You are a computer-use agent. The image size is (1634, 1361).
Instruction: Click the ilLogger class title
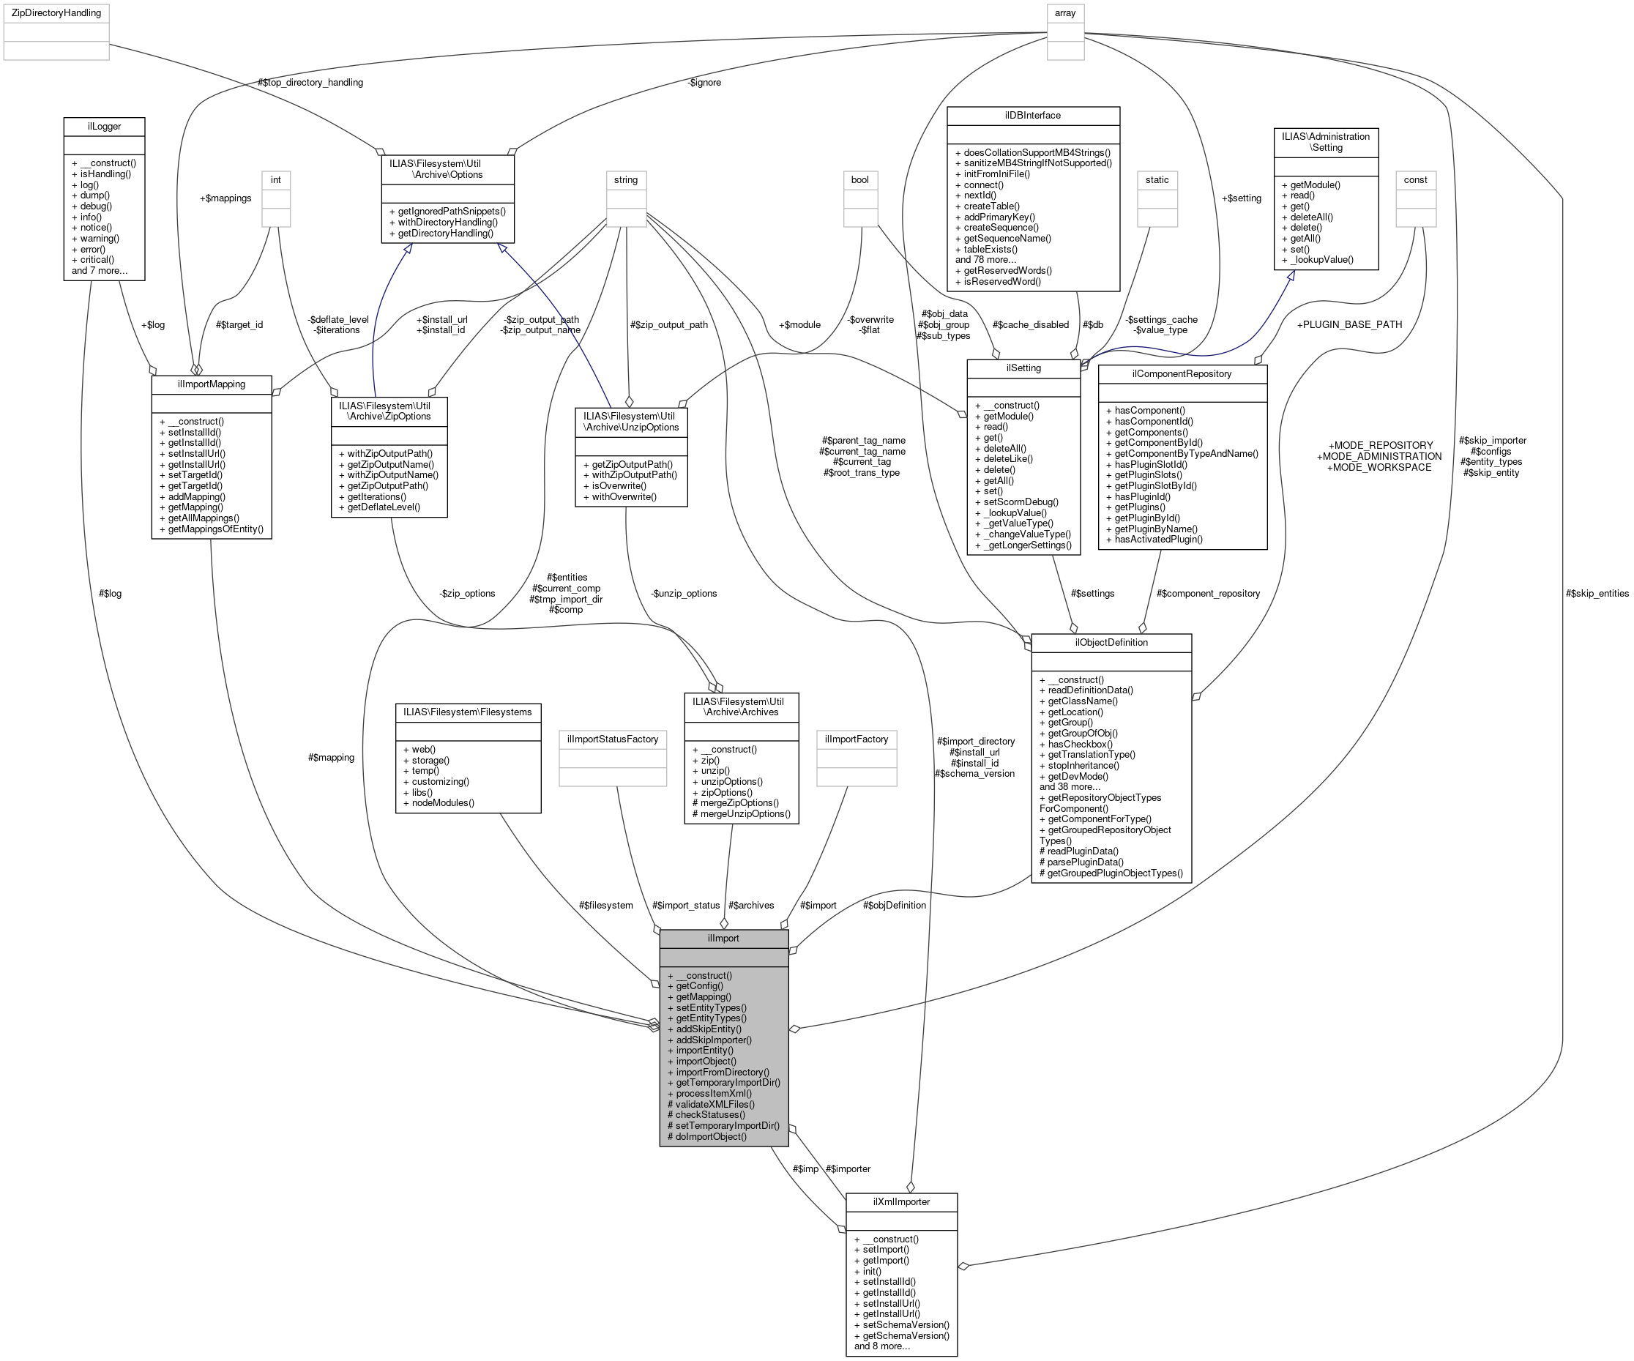(x=103, y=125)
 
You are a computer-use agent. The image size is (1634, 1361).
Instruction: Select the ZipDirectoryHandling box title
(x=56, y=13)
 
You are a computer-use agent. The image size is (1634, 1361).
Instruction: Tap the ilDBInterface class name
(x=1032, y=115)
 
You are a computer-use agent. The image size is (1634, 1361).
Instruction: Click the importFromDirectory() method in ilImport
(x=722, y=1072)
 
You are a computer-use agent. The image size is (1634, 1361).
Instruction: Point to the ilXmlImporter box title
(x=901, y=1201)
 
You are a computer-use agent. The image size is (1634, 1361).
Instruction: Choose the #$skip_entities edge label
(x=1597, y=593)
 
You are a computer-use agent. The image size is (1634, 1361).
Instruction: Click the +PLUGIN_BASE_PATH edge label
(x=1349, y=324)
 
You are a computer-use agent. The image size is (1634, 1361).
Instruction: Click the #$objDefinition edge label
(x=894, y=905)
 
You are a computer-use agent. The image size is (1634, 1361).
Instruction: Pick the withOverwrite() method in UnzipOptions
(x=624, y=496)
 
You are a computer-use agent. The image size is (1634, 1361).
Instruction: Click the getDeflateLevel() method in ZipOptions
(x=384, y=507)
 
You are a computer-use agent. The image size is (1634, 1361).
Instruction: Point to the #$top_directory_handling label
(x=310, y=82)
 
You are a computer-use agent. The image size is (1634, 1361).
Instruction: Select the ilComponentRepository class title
(x=1181, y=373)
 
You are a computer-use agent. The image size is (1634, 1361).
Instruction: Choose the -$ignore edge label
(x=704, y=82)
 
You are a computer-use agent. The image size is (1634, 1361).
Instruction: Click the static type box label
(x=1156, y=180)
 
